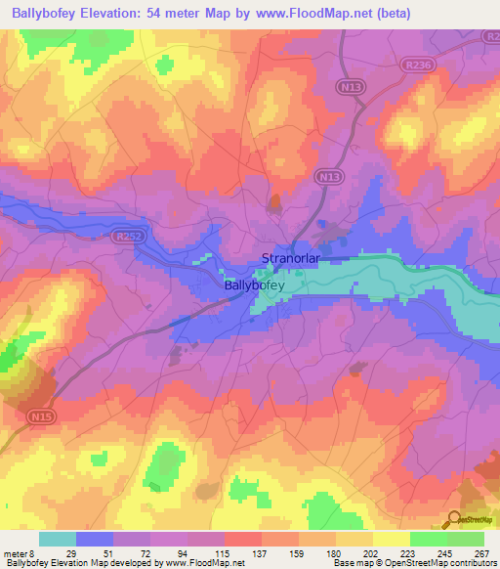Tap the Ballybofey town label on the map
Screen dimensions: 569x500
pos(254,285)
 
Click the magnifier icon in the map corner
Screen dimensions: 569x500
pos(454,520)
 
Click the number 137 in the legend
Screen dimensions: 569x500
pos(261,552)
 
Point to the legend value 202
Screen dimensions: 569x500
pos(372,552)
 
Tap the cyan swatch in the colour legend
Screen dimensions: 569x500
pos(57,539)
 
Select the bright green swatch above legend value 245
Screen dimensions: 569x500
pos(428,539)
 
